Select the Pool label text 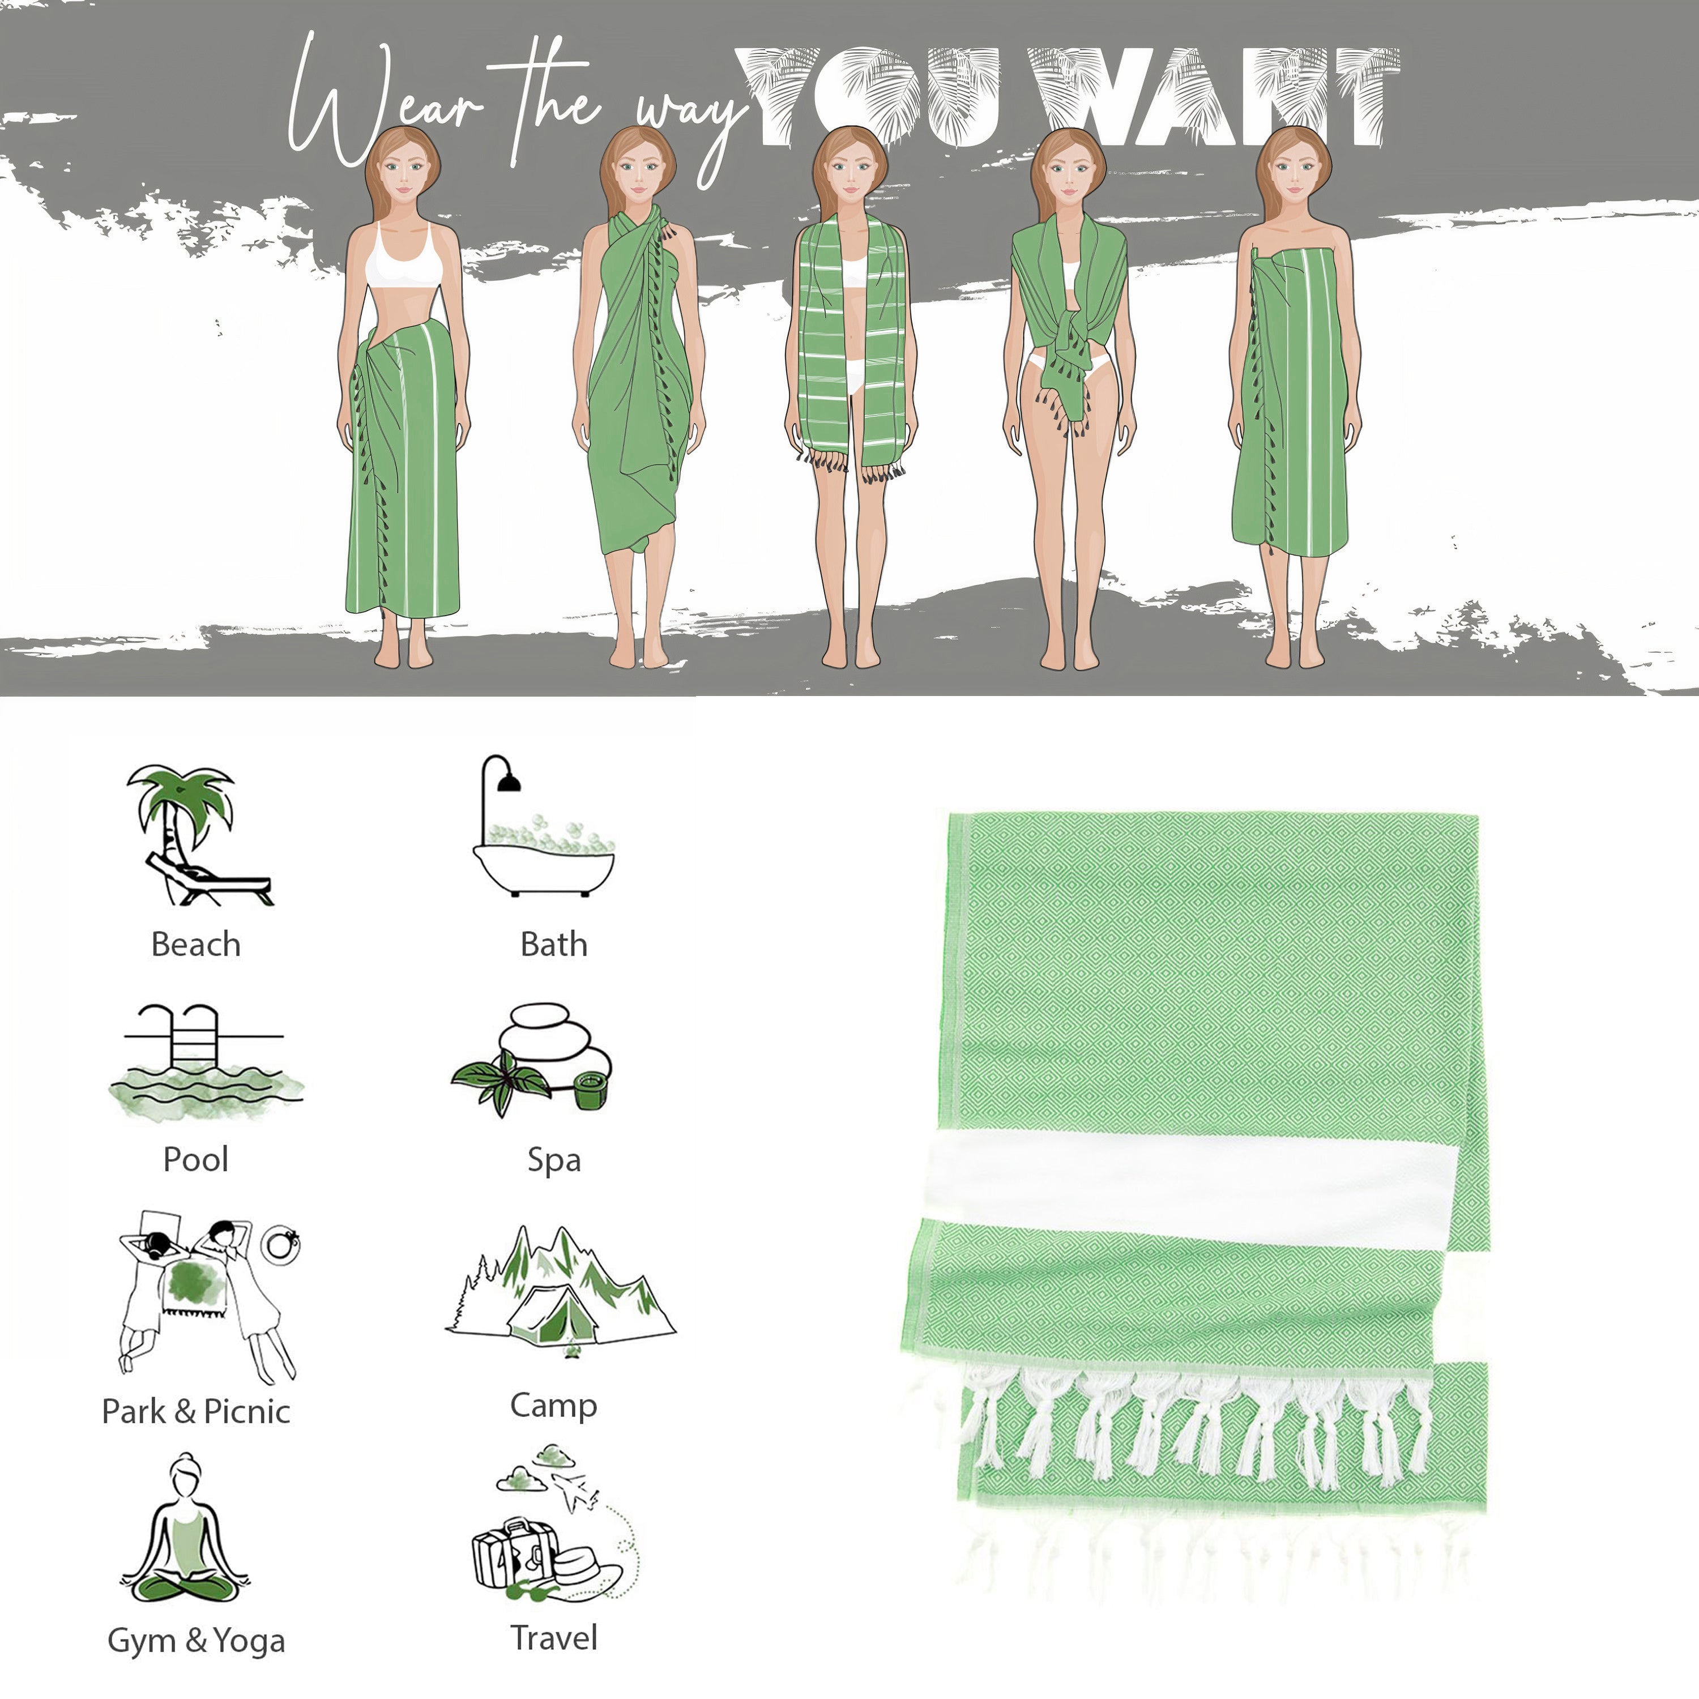tap(196, 1160)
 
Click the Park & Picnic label tap(196, 1411)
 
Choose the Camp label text tap(554, 1405)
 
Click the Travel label tap(554, 1637)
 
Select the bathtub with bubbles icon tap(544, 827)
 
